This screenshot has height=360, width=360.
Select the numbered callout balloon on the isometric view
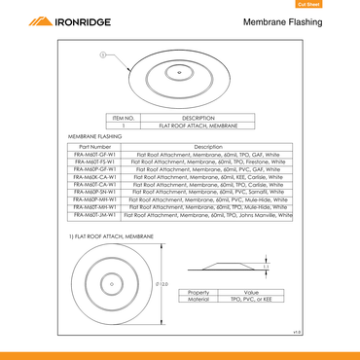tap(103, 55)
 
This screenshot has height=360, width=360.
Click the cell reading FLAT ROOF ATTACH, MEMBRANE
tap(197, 126)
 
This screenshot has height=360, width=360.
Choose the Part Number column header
tap(94, 146)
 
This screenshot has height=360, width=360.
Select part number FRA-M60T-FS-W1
tap(94, 162)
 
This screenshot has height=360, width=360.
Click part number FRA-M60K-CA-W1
tap(94, 176)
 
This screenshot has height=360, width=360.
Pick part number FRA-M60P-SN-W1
tap(94, 192)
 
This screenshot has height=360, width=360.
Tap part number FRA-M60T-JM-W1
tap(94, 214)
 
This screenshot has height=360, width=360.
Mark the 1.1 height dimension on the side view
tap(267, 266)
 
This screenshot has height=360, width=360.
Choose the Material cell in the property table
tap(199, 300)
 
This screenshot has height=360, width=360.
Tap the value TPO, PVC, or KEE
tap(250, 300)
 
